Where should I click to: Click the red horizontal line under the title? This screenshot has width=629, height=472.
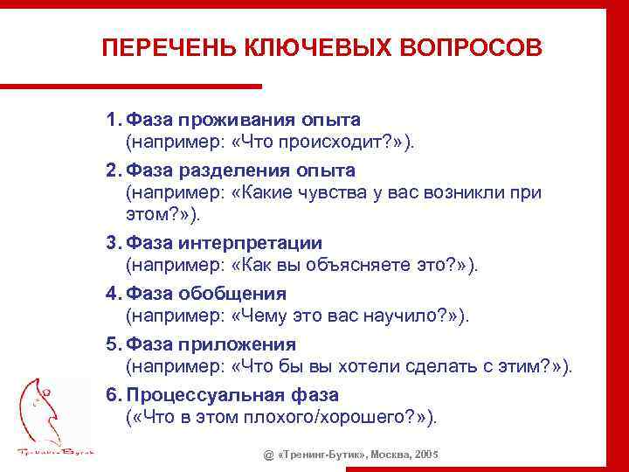[131, 86]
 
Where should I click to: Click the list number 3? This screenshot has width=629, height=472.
[113, 244]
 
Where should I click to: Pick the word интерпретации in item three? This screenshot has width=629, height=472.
[251, 244]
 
